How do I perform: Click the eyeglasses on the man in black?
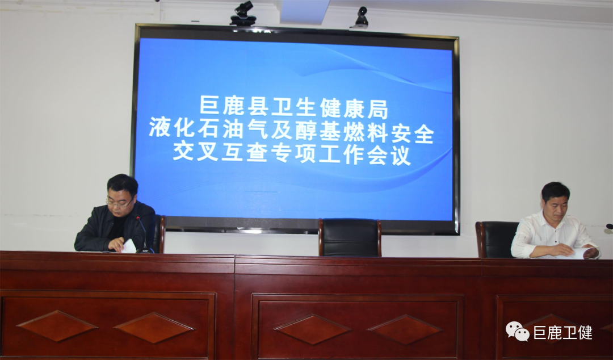[119, 202]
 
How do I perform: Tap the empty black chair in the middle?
[350, 237]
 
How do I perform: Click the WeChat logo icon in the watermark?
[517, 331]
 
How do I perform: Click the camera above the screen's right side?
[361, 17]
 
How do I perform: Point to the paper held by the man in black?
[129, 246]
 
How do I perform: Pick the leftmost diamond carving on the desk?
[57, 326]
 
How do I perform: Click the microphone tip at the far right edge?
[609, 226]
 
